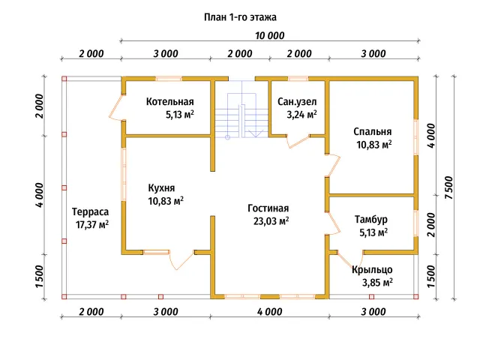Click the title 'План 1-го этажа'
tap(240, 17)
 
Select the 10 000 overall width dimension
tap(270, 35)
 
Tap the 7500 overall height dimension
tap(448, 187)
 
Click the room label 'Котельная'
tap(170, 101)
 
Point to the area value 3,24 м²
tap(301, 115)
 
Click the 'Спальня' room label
tap(372, 132)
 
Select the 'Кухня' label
tap(161, 187)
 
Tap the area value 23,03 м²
tap(271, 220)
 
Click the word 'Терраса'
tap(90, 211)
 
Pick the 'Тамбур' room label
tap(371, 219)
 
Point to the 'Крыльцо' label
tap(372, 269)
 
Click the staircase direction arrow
tap(255, 133)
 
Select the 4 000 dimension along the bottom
tap(270, 312)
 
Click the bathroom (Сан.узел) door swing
tap(298, 142)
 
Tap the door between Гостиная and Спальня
tap(333, 165)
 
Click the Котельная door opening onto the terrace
tap(117, 107)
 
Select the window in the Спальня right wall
tap(416, 136)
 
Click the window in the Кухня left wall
tap(124, 175)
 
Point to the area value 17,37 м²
tap(92, 225)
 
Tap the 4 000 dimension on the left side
tap(40, 195)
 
